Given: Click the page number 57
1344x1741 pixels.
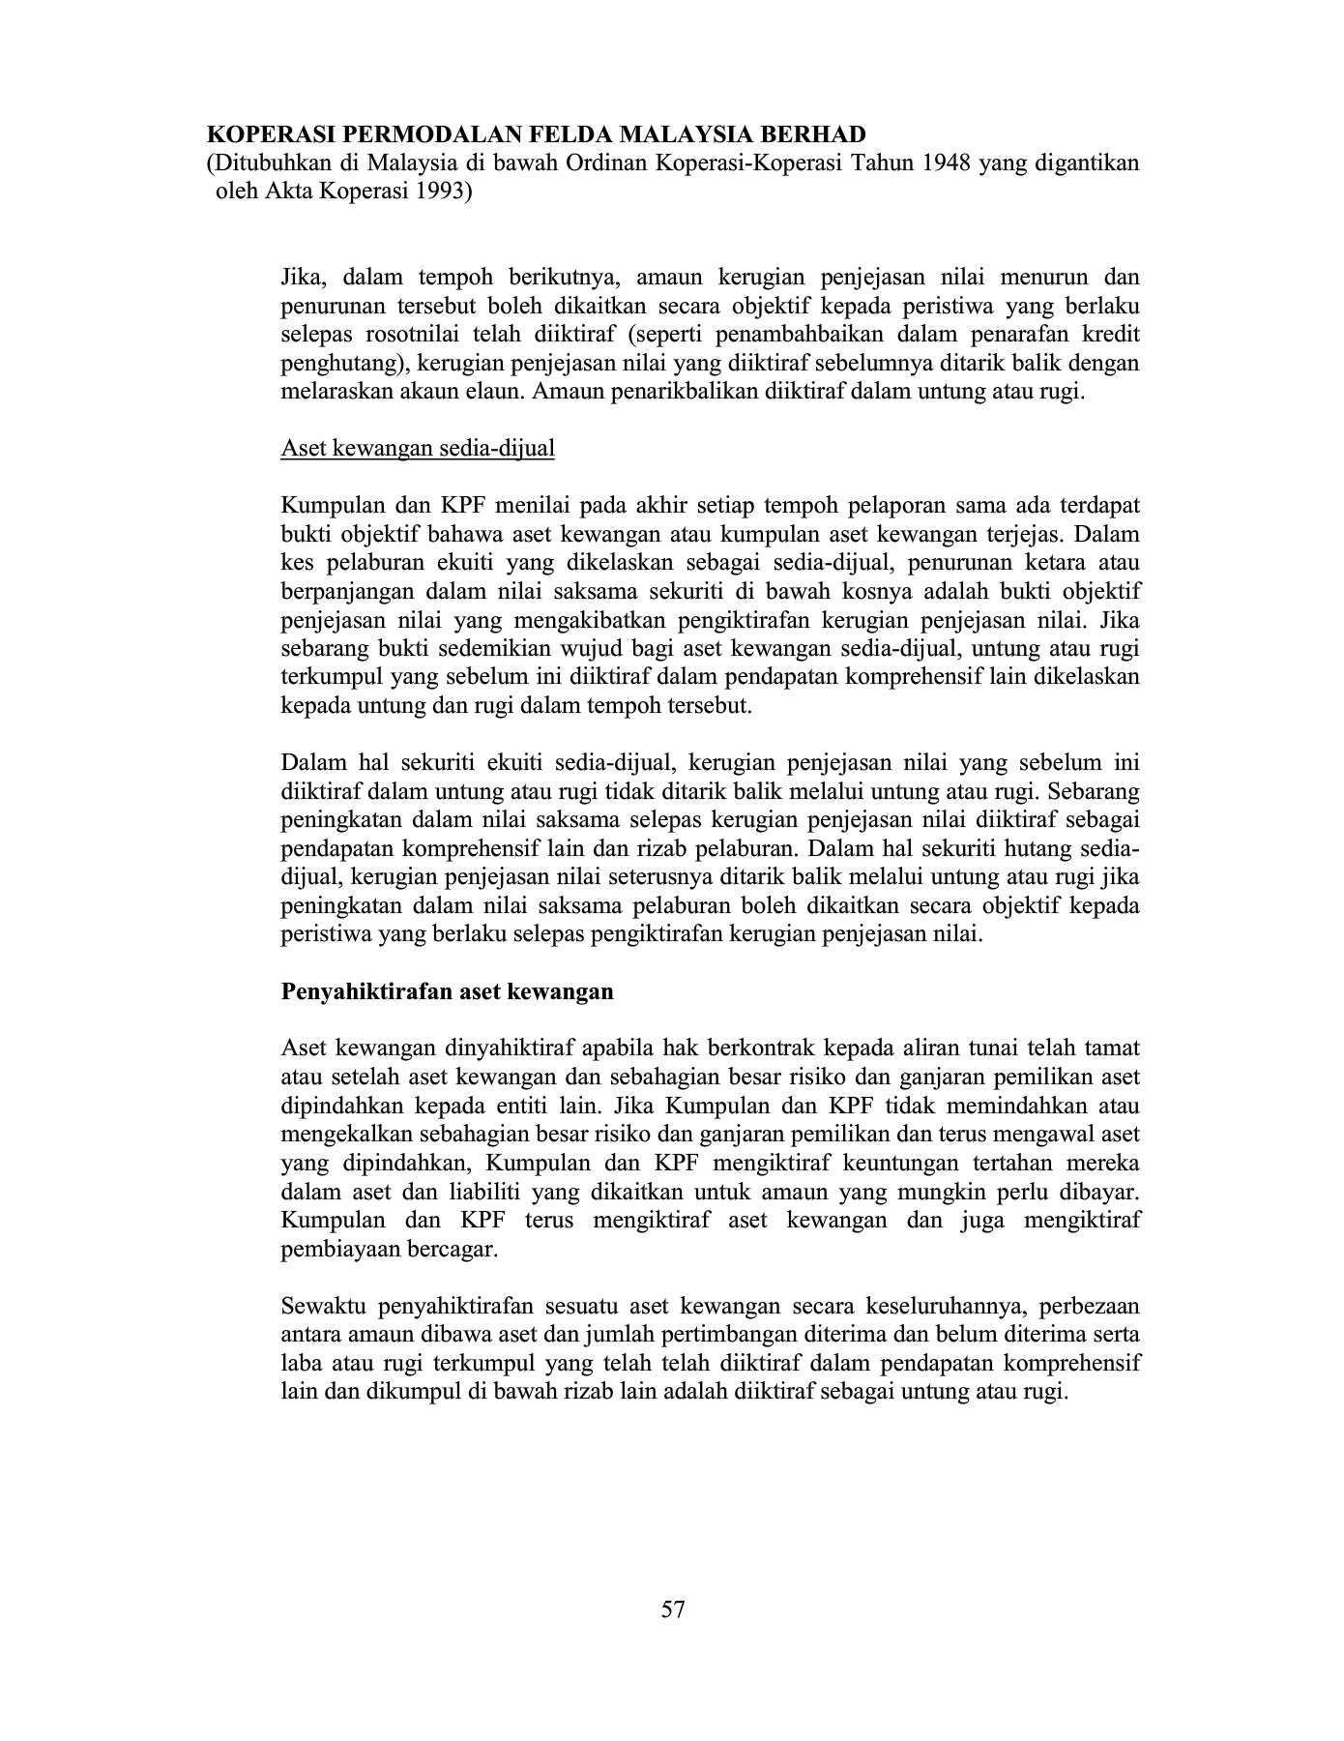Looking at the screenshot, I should pos(673,1609).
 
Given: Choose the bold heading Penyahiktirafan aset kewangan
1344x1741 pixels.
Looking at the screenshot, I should pos(447,991).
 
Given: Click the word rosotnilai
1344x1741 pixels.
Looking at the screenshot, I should pos(413,336).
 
